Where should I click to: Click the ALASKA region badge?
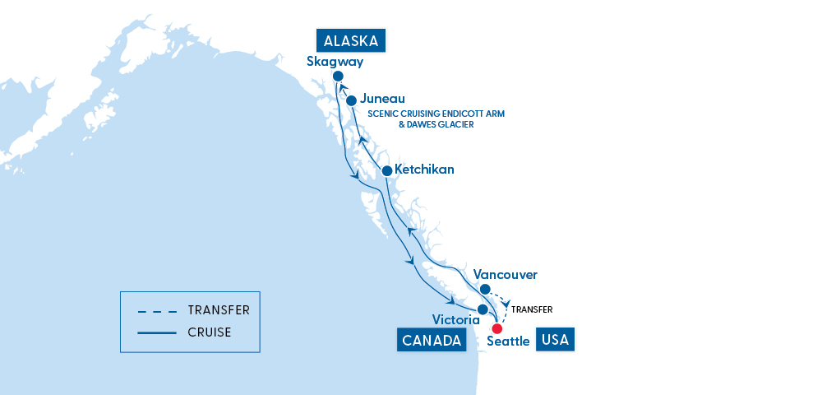[352, 41]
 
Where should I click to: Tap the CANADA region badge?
[430, 340]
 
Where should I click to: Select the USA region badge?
[555, 339]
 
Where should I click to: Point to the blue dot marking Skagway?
[338, 77]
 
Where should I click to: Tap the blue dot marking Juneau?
[351, 100]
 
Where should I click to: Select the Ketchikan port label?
[424, 170]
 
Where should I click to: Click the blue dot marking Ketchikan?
[387, 170]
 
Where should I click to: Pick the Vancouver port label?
[506, 274]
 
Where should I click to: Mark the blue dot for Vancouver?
[485, 289]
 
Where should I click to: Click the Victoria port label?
[455, 319]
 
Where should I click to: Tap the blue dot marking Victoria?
[483, 309]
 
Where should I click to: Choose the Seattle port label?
[508, 341]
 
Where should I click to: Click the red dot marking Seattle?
[496, 328]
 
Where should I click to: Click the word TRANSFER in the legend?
[219, 310]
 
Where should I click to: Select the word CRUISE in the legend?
[209, 332]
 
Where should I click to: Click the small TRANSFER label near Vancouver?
[531, 309]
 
